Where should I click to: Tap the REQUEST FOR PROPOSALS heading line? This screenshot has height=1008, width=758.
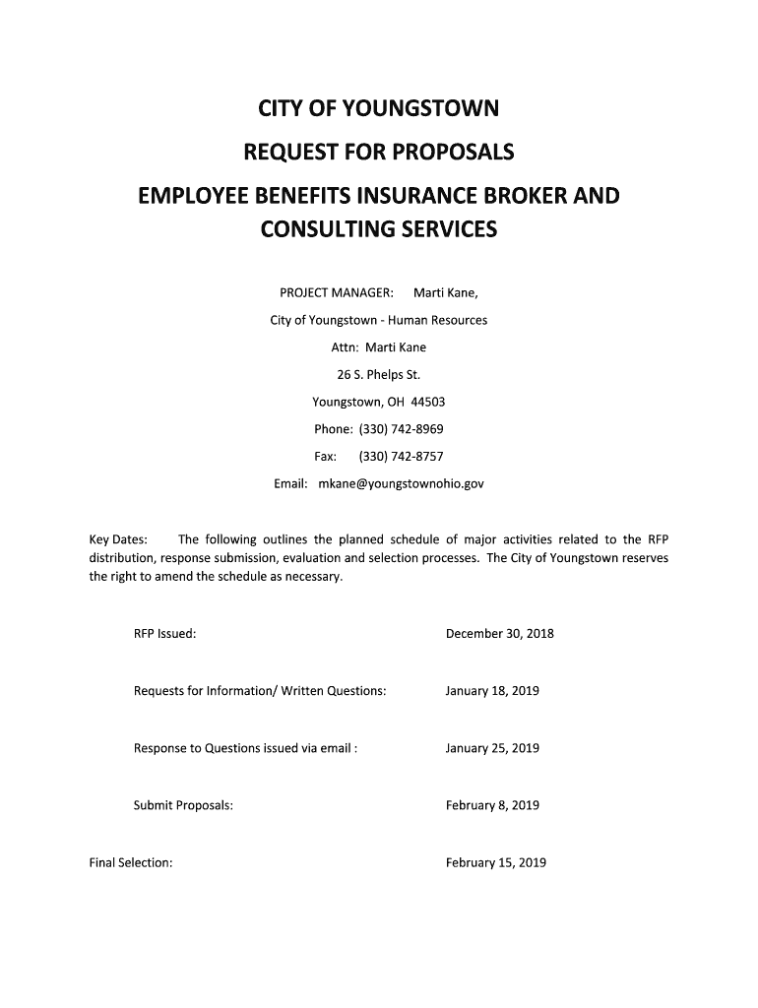click(x=379, y=153)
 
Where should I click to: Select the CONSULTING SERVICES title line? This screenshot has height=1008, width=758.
click(x=379, y=230)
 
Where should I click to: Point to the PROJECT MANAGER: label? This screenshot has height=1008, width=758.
click(x=337, y=293)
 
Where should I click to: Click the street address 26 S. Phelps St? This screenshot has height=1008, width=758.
click(x=379, y=375)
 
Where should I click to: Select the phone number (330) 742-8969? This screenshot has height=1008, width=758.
click(x=401, y=429)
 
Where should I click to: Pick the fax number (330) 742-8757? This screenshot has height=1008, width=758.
click(x=401, y=457)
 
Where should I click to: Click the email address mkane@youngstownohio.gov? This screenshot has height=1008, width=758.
click(x=401, y=484)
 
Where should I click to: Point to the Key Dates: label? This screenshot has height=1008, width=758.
click(x=118, y=539)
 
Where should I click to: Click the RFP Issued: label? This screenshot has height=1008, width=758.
click(x=164, y=634)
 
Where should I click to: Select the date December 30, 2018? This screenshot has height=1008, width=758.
click(x=499, y=634)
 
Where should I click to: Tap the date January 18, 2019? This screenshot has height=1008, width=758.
click(x=492, y=691)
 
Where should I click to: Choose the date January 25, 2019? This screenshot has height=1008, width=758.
click(x=492, y=748)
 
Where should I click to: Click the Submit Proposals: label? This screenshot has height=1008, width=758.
click(x=183, y=805)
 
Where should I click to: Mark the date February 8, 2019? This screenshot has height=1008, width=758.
click(x=492, y=805)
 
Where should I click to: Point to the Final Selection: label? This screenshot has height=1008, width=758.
click(x=131, y=863)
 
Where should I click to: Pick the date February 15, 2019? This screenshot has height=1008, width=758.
click(x=495, y=863)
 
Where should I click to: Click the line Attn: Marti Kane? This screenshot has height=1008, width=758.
click(x=379, y=347)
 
